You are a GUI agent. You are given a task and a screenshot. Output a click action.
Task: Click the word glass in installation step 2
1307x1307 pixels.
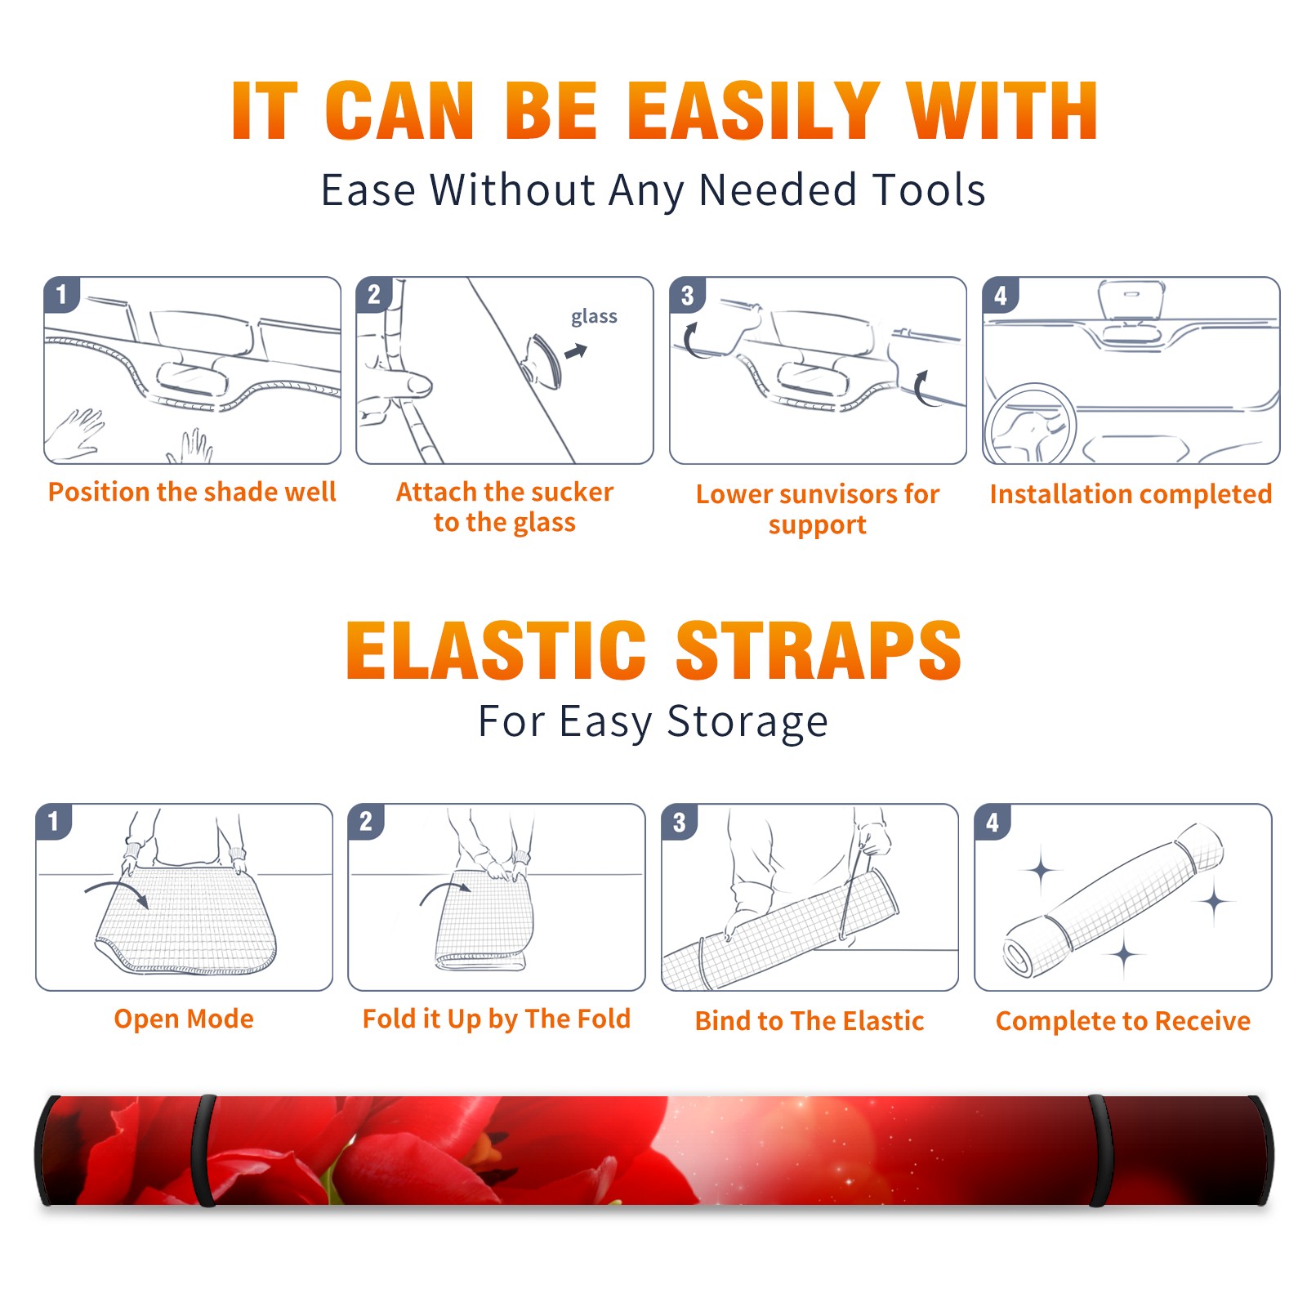click(x=594, y=317)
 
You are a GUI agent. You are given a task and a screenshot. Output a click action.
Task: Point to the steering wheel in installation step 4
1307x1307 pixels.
click(x=1030, y=422)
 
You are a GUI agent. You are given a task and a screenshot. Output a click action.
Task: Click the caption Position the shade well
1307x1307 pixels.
click(x=192, y=492)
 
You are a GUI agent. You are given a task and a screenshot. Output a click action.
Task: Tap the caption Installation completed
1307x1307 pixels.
click(x=1131, y=493)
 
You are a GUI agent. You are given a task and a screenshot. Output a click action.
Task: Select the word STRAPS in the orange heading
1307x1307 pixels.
click(x=819, y=650)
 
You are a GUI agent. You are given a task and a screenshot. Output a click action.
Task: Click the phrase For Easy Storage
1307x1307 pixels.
click(x=653, y=721)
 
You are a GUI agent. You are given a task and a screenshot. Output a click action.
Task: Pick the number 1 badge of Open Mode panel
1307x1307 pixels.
click(x=54, y=821)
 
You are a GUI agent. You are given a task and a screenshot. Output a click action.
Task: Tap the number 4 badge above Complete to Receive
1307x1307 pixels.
click(x=993, y=822)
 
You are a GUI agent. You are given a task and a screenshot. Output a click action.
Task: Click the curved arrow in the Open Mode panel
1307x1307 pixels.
click(x=117, y=890)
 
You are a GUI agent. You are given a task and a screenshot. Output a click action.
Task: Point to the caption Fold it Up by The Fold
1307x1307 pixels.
click(x=497, y=1019)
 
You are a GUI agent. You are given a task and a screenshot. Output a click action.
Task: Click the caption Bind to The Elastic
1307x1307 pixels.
click(x=810, y=1021)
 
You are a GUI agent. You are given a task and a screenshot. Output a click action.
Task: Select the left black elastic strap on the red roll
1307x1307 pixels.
click(x=203, y=1151)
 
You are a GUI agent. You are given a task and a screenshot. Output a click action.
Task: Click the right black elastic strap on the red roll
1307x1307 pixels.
click(x=1100, y=1151)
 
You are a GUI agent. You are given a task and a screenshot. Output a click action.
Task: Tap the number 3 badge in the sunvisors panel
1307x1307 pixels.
click(x=687, y=296)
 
